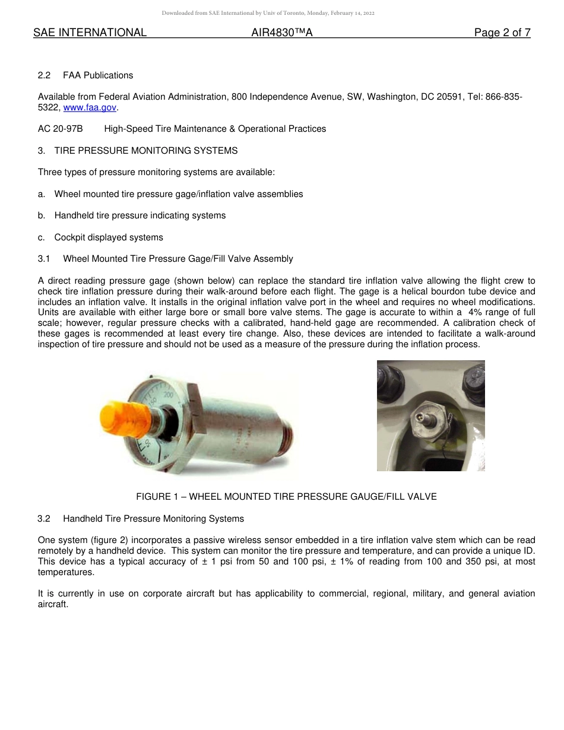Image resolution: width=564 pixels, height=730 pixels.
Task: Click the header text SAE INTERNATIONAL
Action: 90,33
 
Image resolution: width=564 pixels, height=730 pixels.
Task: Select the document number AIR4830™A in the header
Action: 281,33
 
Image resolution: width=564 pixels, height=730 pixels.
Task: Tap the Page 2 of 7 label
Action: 502,33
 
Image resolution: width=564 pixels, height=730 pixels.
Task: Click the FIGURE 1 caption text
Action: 286,497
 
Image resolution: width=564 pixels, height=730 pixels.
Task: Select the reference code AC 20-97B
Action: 60,129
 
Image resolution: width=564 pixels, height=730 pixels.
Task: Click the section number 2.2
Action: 45,75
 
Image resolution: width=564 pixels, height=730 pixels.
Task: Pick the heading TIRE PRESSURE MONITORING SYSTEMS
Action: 145,151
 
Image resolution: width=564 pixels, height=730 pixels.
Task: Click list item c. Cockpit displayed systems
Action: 108,237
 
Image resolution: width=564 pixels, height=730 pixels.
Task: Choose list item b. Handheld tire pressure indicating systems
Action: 140,215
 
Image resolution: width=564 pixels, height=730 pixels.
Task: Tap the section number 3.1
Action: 45,259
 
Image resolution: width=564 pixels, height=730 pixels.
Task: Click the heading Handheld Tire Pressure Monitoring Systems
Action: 153,519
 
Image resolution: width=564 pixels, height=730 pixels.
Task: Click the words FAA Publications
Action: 98,75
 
